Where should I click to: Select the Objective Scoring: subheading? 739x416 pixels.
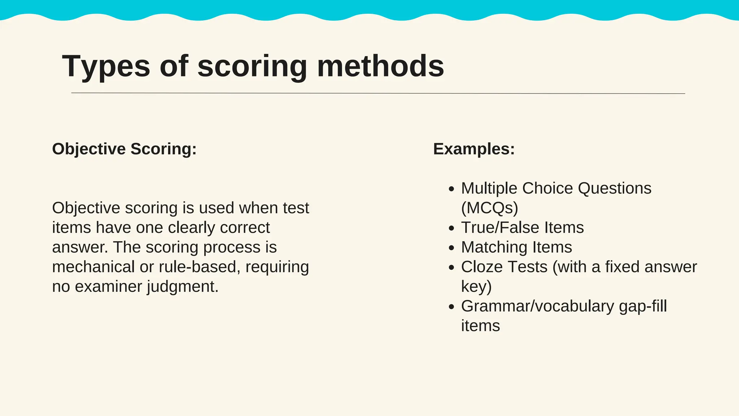tap(124, 149)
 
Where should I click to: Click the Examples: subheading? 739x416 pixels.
tap(474, 149)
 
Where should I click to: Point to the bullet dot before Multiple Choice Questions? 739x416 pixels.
tap(451, 189)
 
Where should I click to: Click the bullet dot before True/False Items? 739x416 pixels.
tap(451, 228)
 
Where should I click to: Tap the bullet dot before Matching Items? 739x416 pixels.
tap(451, 248)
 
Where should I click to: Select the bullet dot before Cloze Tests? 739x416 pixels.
tap(451, 268)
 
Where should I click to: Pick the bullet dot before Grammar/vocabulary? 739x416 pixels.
tap(451, 307)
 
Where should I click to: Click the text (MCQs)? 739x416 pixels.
tap(489, 208)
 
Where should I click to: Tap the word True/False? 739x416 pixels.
tap(500, 227)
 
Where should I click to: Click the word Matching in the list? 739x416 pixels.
tap(494, 247)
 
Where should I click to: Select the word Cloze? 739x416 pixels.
tap(482, 267)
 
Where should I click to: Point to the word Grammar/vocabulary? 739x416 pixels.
tap(537, 306)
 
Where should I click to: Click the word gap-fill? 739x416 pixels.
tap(643, 306)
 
